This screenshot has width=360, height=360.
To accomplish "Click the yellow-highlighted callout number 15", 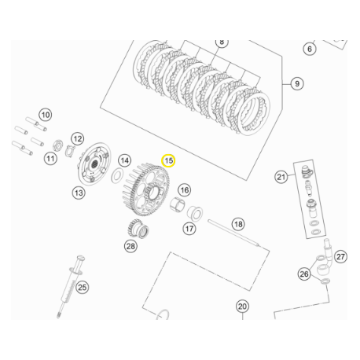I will point(168,160).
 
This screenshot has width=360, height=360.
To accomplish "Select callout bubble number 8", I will point(221,41).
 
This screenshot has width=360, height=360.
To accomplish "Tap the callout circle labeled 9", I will point(296,83).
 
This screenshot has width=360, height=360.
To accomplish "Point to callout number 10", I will point(45,115).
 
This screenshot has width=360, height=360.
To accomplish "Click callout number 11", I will point(50,159).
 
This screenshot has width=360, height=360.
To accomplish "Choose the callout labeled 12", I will point(78,138).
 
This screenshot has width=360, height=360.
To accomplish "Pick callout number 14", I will point(123,160).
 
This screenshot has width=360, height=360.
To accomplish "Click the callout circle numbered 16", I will point(185,189).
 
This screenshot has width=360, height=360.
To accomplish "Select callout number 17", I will point(189,229).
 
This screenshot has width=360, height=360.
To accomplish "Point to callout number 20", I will point(242,307).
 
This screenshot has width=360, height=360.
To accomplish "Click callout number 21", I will point(281,177).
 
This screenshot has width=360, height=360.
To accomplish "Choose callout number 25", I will point(82,287).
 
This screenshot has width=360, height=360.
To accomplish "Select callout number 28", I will point(130,247).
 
